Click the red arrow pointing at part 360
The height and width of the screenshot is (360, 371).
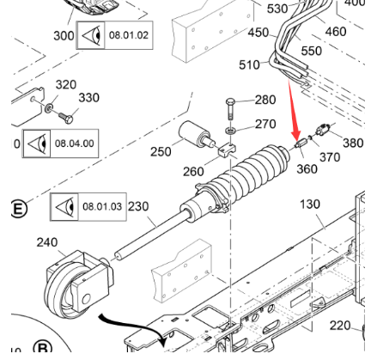293,107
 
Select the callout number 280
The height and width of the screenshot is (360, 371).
265,101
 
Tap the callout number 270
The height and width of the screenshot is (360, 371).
265,125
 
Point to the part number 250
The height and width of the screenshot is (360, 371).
161,152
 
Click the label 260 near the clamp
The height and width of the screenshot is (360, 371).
194,171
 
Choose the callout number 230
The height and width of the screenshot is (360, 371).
138,206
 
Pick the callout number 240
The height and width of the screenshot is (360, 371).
47,242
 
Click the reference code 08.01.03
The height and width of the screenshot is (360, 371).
103,207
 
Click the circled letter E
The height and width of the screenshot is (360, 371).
18,209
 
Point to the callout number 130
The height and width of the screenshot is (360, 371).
309,204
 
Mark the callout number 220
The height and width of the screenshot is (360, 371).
341,326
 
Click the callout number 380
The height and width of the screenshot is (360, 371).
353,143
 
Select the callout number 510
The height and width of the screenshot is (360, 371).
249,65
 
